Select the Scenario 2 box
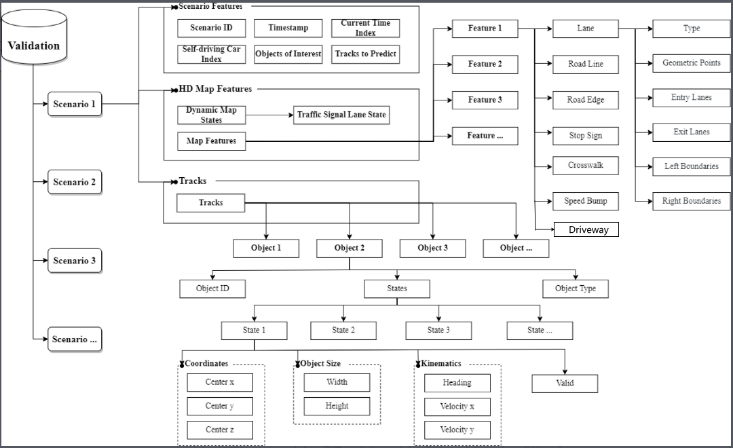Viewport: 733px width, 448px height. (75, 182)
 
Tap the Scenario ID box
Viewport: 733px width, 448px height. (210, 28)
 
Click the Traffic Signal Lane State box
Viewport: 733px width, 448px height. (341, 115)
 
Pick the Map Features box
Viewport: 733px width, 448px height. (211, 141)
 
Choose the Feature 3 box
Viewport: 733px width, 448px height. (485, 100)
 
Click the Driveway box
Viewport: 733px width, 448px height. (587, 229)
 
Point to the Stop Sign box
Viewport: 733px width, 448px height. (586, 136)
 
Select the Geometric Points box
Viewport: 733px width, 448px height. (691, 63)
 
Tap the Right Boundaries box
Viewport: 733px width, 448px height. (691, 201)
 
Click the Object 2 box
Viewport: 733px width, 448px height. (350, 248)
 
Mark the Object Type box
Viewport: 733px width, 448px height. (576, 288)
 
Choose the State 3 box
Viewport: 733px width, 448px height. (438, 331)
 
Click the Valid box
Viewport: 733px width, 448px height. (565, 384)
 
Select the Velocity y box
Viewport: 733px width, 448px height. (457, 430)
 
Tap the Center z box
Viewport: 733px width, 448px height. (220, 430)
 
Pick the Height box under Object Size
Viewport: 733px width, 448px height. (337, 406)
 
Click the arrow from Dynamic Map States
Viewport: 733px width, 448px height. (269, 115)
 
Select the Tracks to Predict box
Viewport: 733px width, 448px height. (365, 54)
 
